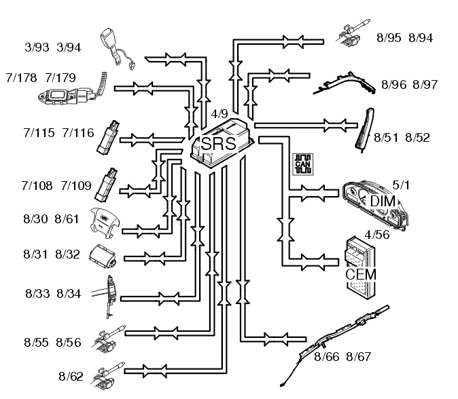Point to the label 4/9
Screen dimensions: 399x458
coord(219,114)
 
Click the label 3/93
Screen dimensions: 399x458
coord(37,47)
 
